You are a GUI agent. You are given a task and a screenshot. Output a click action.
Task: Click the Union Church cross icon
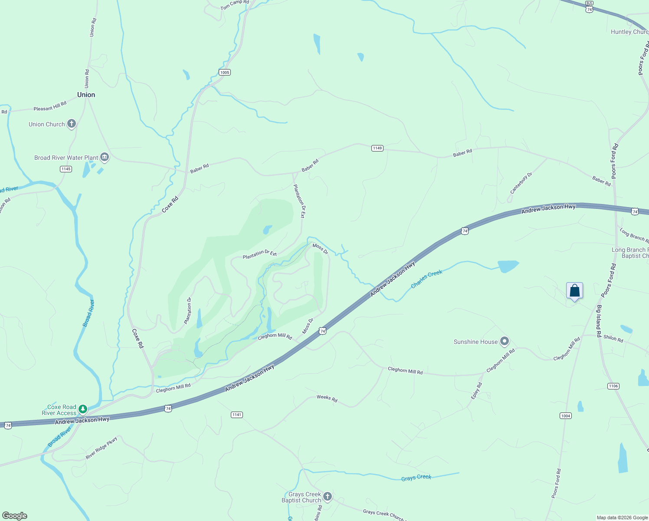72,124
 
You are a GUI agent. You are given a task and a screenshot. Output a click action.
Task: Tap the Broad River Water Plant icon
104,158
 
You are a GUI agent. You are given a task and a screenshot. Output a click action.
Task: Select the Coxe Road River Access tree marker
83,409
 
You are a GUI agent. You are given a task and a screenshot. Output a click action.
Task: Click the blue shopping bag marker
574,290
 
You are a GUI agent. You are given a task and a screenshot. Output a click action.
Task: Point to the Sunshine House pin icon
504,342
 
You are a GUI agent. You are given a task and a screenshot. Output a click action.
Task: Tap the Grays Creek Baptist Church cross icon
328,496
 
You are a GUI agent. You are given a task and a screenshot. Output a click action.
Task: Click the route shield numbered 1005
224,72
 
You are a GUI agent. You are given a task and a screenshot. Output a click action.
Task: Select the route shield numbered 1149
377,148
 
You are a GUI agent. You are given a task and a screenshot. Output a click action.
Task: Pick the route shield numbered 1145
66,169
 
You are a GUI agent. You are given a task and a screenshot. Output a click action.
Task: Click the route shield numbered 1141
236,415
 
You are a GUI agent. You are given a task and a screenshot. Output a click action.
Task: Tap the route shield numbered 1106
613,386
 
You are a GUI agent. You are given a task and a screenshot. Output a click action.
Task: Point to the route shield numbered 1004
565,416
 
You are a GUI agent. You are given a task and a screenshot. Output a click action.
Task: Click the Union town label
86,95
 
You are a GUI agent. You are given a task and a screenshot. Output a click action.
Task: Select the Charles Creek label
426,279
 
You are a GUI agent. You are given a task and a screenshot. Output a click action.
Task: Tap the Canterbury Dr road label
521,183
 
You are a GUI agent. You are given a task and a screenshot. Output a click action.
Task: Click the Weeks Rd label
327,398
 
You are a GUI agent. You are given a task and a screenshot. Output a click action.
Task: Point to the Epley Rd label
476,391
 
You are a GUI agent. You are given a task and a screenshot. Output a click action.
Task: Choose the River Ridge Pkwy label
102,448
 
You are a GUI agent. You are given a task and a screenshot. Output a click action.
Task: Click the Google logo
15,516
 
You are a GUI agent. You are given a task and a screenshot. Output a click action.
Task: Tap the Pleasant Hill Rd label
50,106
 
